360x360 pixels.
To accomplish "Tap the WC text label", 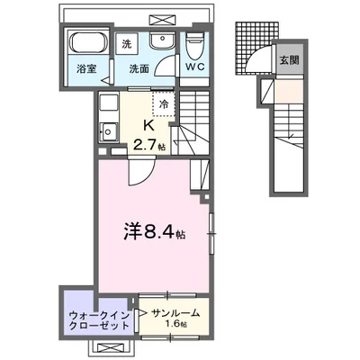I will [196, 66].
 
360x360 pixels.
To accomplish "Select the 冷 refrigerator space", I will [164, 103].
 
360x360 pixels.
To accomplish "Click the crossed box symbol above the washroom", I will [162, 19].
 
